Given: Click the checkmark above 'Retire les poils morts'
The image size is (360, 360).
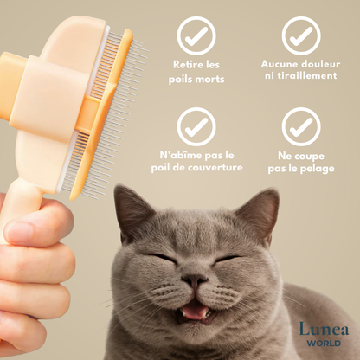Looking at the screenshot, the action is coord(196,36).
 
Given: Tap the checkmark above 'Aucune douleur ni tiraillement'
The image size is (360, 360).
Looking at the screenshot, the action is coord(301,36).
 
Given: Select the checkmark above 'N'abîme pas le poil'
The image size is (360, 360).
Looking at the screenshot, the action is coord(196,127).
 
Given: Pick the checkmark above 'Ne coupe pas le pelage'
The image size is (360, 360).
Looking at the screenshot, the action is coord(301,127).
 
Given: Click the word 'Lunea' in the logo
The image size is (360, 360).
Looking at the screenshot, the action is coord(324,329).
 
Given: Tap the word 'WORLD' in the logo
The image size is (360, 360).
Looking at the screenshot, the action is coord(324,344).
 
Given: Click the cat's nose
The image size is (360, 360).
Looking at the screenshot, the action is coord(195,279).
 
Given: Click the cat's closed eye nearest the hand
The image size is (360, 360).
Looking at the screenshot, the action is coord(157,258).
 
